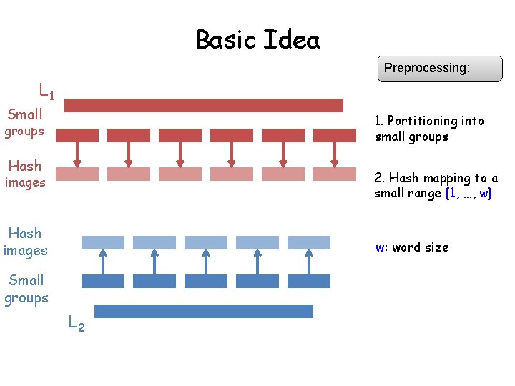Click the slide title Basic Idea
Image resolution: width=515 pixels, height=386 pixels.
[x=257, y=39]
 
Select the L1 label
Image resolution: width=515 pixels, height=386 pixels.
[x=47, y=91]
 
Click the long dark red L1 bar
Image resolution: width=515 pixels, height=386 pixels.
[x=204, y=105]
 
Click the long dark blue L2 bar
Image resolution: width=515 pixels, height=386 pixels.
[x=204, y=311]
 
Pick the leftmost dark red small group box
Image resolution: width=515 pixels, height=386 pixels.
[x=77, y=135]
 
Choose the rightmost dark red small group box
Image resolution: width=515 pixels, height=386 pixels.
[x=335, y=135]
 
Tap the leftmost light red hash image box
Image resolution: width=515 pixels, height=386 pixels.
[x=77, y=174]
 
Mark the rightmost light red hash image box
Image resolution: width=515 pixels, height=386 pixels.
[x=335, y=174]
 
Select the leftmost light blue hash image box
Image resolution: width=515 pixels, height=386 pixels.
[x=103, y=242]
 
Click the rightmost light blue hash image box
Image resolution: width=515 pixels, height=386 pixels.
[x=309, y=242]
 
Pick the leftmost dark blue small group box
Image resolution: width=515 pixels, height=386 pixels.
[x=103, y=281]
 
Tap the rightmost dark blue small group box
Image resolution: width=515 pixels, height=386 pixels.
[x=309, y=281]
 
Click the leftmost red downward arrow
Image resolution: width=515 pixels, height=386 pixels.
[x=77, y=154]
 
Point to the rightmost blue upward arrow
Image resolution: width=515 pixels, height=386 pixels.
[x=309, y=262]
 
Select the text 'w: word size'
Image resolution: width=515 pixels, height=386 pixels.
[x=413, y=247]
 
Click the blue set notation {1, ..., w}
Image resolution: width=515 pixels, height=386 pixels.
[x=468, y=194]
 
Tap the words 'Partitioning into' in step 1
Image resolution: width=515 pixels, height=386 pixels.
[x=436, y=121]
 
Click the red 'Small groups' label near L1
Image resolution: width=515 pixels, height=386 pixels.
[x=25, y=122]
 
